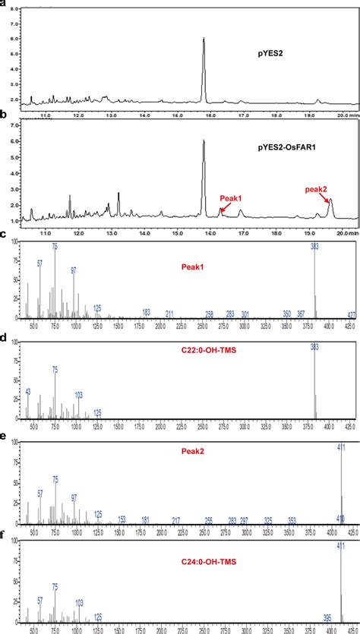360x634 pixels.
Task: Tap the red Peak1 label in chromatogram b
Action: pos(231,198)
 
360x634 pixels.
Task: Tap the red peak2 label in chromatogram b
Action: pos(316,189)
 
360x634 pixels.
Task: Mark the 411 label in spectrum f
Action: pos(341,546)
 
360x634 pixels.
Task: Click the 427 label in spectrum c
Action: pos(352,314)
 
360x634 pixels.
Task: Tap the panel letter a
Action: pos(4,4)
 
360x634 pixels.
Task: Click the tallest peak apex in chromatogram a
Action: pos(204,39)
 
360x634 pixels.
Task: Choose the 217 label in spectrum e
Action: pos(176,520)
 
